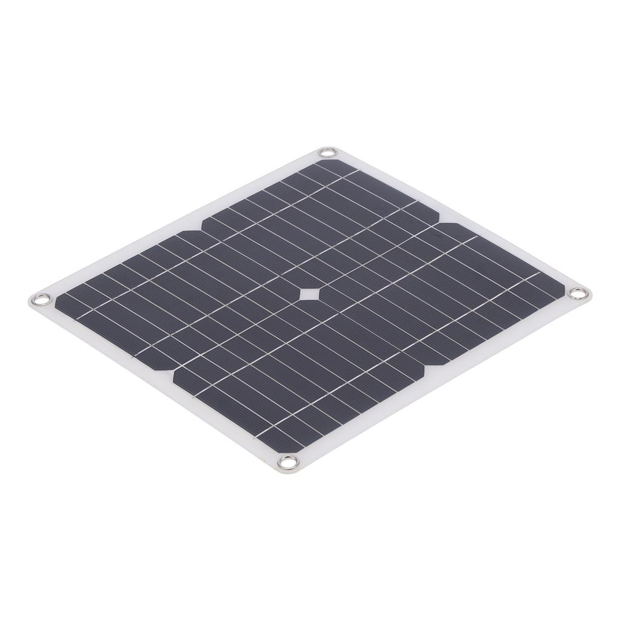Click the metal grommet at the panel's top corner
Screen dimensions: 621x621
[327, 152]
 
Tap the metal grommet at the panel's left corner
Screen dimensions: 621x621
[42, 299]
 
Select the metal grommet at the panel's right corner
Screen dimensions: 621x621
[579, 294]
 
